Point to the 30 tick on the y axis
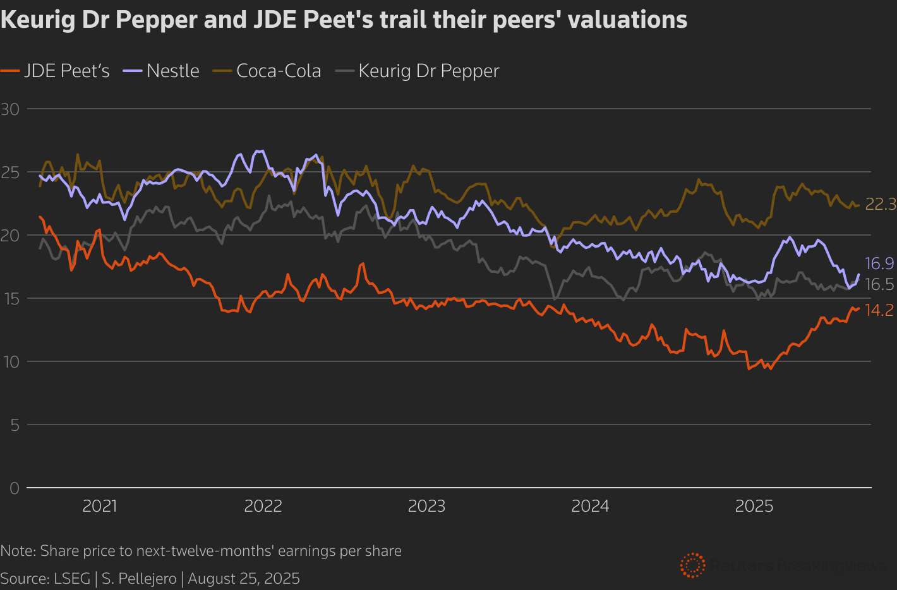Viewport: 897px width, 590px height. click(x=10, y=109)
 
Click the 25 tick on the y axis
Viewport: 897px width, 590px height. click(x=10, y=172)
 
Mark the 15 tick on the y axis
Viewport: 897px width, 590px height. click(x=10, y=298)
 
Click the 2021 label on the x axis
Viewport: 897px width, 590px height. click(x=100, y=506)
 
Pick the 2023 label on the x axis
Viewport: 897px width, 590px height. click(x=426, y=506)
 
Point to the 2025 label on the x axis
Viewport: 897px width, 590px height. click(x=754, y=506)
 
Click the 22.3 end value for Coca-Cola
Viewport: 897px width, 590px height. click(x=881, y=204)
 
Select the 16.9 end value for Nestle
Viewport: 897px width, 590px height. click(x=879, y=263)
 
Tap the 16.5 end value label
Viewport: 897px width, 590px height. click(x=879, y=284)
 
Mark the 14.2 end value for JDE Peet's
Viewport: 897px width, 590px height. click(x=879, y=310)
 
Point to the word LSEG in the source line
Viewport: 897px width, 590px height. click(x=72, y=579)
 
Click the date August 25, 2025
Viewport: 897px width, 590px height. click(x=244, y=579)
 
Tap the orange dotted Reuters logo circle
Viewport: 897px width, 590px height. click(x=693, y=565)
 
